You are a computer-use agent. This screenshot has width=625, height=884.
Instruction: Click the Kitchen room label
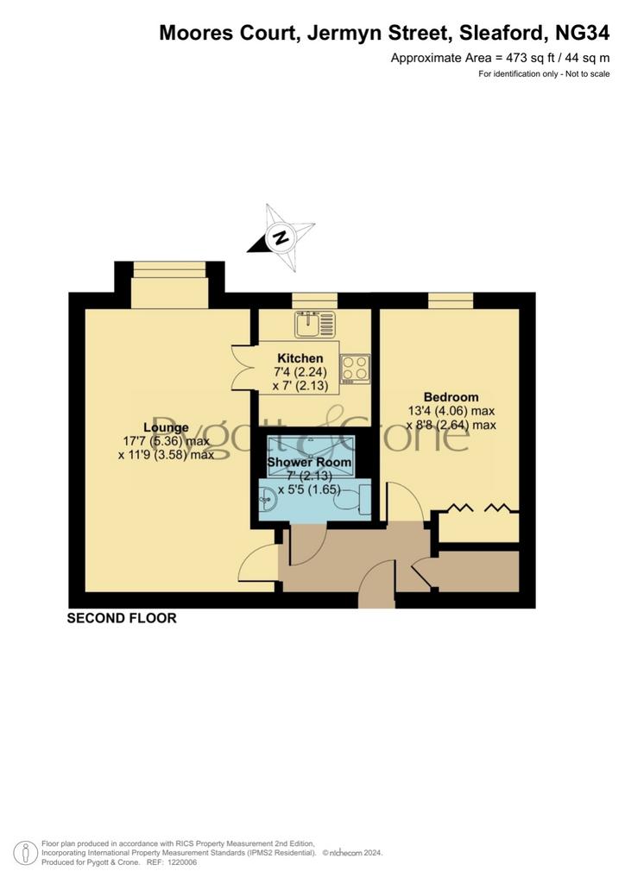click(x=300, y=358)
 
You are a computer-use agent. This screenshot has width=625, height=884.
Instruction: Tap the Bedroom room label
click(x=451, y=397)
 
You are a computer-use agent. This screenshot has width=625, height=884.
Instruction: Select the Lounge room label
click(x=166, y=427)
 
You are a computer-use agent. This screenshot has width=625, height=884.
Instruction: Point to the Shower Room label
click(x=309, y=462)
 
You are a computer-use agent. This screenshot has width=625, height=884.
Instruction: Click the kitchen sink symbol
click(x=314, y=324)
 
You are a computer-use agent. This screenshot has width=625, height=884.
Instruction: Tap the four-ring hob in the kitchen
click(x=355, y=369)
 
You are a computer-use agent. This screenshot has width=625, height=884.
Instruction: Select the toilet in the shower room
click(x=353, y=501)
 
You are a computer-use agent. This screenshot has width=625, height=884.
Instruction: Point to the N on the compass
click(x=280, y=237)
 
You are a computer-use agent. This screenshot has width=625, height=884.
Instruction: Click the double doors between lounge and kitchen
click(x=243, y=368)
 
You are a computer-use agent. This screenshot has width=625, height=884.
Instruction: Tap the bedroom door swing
click(x=404, y=502)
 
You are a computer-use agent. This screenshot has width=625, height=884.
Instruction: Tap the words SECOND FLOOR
click(x=122, y=618)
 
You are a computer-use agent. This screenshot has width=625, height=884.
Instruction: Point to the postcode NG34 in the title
click(x=582, y=33)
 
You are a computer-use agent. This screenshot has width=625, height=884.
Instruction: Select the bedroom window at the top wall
click(x=451, y=300)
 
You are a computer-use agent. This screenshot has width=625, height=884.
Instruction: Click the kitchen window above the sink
click(x=314, y=300)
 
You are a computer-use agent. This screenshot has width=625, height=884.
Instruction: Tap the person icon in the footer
click(x=25, y=853)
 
